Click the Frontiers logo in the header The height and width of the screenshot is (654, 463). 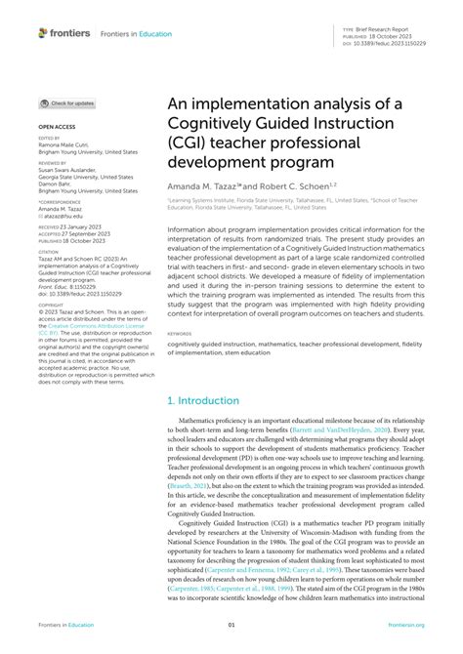pyautogui.click(x=64, y=32)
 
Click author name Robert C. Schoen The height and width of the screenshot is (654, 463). pyautogui.click(x=324, y=186)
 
